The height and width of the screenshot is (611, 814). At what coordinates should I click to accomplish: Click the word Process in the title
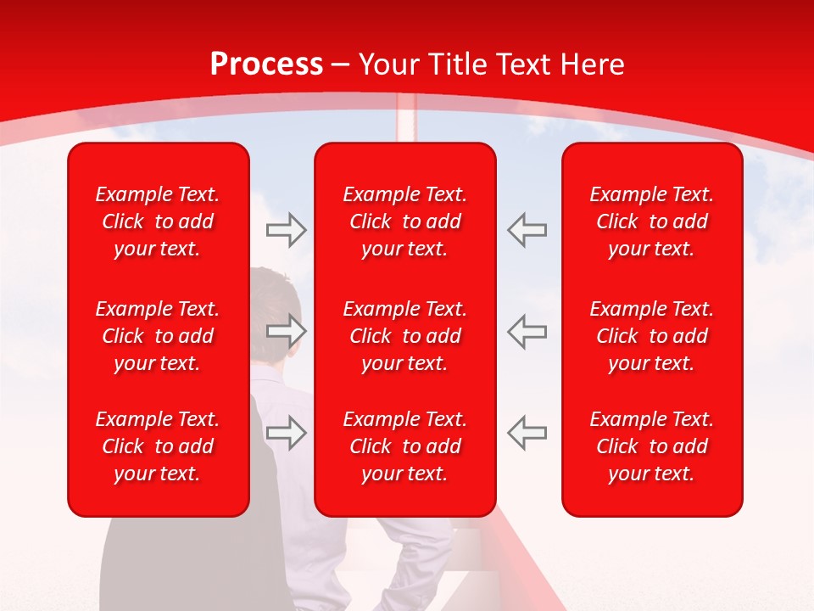tap(266, 64)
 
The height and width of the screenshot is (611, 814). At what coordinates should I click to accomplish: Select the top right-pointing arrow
tap(287, 230)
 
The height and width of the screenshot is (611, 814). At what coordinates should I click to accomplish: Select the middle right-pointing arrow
tap(287, 331)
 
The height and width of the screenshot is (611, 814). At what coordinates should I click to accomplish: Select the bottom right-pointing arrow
tap(287, 432)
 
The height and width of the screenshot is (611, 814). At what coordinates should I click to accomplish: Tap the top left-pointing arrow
tap(527, 230)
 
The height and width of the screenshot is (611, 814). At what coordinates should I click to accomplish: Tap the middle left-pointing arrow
tap(527, 331)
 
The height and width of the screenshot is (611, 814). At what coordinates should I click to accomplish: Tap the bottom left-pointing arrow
tap(527, 432)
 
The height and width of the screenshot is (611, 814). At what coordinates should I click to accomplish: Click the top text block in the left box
tap(158, 221)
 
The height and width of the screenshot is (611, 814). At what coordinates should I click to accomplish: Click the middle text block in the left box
tap(158, 336)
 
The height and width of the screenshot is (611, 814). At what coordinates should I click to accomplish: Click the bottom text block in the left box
tap(158, 446)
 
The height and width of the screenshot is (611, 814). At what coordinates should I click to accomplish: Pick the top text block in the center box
tap(405, 221)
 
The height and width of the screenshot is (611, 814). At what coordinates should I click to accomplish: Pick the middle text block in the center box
tap(405, 336)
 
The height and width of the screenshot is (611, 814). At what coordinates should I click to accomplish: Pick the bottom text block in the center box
tap(405, 446)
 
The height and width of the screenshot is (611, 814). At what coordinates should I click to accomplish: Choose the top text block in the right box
tap(652, 221)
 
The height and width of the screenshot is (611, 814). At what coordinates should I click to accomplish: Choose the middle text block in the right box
tap(652, 336)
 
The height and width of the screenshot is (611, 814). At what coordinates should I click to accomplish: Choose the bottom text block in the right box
tap(652, 446)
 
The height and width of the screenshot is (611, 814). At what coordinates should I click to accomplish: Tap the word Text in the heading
tap(522, 64)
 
